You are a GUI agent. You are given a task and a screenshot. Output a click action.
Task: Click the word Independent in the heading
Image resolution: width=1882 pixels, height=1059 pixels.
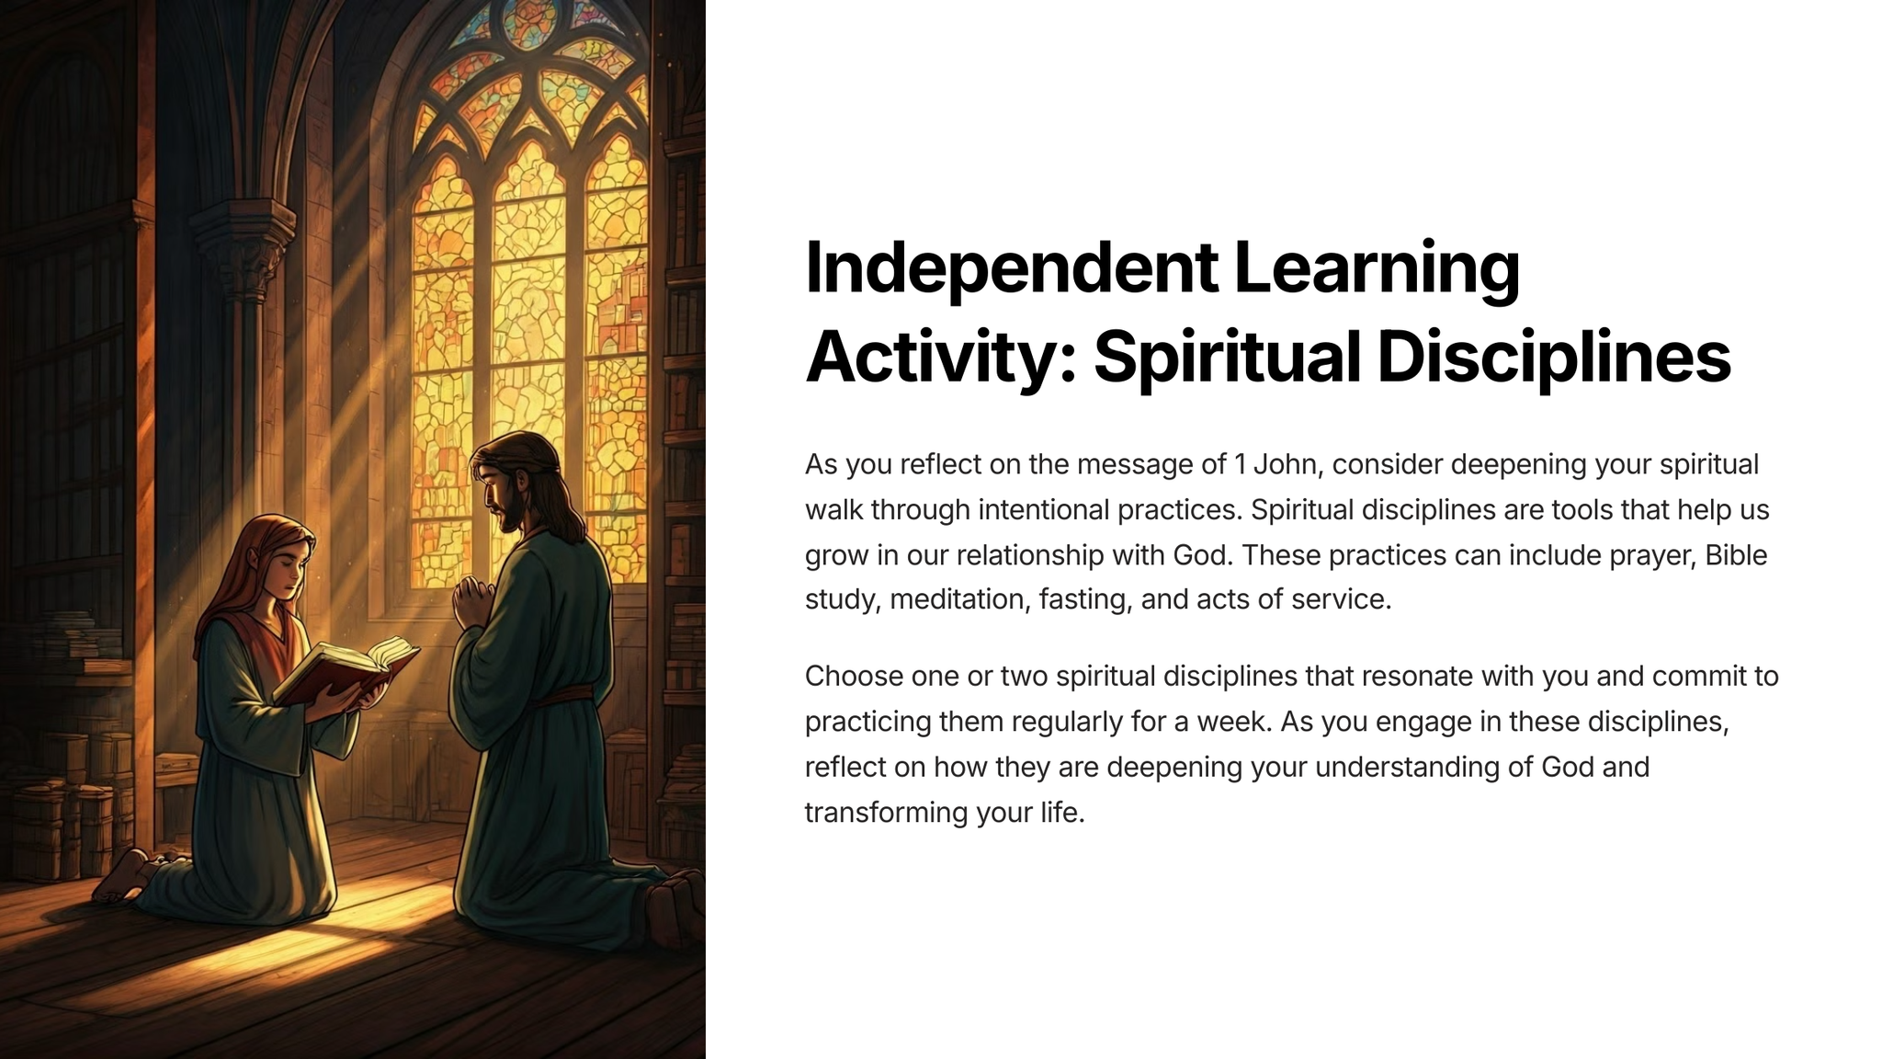(1011, 268)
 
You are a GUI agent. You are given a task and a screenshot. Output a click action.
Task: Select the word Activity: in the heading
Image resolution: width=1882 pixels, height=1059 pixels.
(940, 359)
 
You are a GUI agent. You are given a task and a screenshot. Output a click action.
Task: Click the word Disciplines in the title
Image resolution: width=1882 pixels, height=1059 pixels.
(1554, 358)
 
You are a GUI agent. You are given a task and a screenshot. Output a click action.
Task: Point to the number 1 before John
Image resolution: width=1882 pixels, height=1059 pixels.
(1241, 464)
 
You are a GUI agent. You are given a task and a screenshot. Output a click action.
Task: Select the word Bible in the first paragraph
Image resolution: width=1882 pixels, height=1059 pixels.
(1736, 554)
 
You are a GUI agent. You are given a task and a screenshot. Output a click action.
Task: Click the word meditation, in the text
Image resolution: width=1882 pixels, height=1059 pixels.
(960, 600)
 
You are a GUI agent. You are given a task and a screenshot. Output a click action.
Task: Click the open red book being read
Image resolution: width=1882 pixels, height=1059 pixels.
(346, 671)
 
